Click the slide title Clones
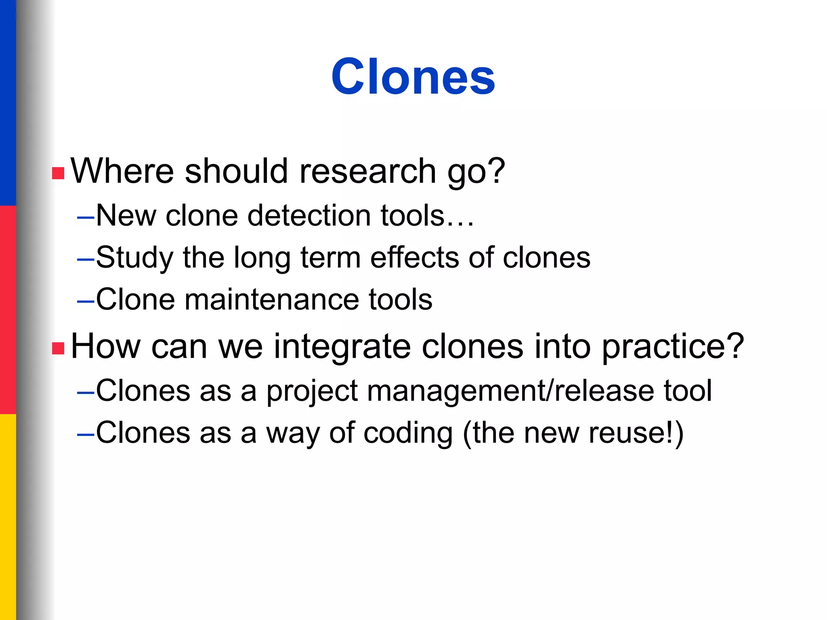click(413, 76)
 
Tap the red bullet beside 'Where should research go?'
click(58, 173)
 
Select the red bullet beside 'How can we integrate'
click(58, 348)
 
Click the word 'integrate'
click(342, 347)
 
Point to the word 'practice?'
click(673, 347)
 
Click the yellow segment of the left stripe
click(8, 517)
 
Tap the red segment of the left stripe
click(8, 310)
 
